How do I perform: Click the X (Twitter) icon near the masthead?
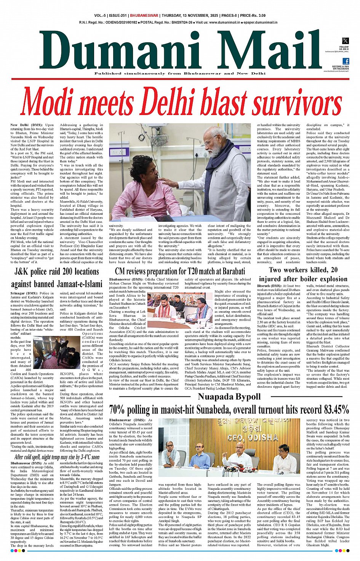tap(345, 41)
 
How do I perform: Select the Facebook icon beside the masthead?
tap(346, 61)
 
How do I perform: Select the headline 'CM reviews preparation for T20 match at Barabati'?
tap(180, 271)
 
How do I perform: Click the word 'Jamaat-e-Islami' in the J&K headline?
tap(79, 284)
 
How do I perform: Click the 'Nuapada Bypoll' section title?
tap(229, 397)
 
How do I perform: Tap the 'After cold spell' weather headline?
tap(57, 457)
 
